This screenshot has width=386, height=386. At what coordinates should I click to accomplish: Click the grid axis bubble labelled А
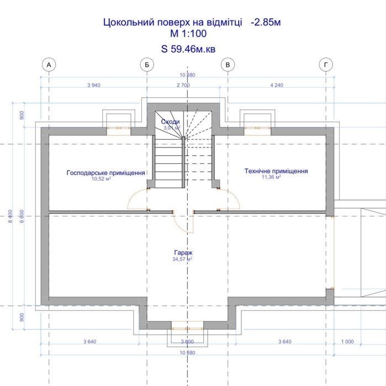coord(49,65)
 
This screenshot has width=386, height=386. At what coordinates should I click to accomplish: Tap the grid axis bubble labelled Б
coord(147,65)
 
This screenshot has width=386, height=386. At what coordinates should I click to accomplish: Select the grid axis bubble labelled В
coord(228,65)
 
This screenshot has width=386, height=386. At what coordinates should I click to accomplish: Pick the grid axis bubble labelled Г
coord(326,65)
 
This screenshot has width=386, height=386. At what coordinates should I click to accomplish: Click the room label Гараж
coord(183,252)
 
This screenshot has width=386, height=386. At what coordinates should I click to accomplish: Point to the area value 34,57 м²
coord(182,259)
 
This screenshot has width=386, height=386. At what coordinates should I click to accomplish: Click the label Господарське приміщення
coord(106,172)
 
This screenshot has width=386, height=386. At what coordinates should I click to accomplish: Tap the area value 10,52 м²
coord(101,178)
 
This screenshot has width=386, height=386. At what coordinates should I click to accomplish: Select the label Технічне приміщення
coord(276,171)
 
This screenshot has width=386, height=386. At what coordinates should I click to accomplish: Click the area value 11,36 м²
coord(271,177)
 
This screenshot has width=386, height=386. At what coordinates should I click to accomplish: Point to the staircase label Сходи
coord(170,121)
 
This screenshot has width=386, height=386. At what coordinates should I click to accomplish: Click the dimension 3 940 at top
coord(94,85)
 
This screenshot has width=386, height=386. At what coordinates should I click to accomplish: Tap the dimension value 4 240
coord(277,85)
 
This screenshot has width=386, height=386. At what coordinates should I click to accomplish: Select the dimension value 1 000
coord(347,341)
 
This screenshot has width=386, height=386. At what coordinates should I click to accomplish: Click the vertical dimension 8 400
coord(10,216)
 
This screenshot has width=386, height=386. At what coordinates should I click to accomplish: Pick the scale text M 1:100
coord(188,34)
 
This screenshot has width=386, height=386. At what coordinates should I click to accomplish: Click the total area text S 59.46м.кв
coord(188,49)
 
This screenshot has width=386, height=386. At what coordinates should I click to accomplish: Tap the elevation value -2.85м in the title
coord(266,22)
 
